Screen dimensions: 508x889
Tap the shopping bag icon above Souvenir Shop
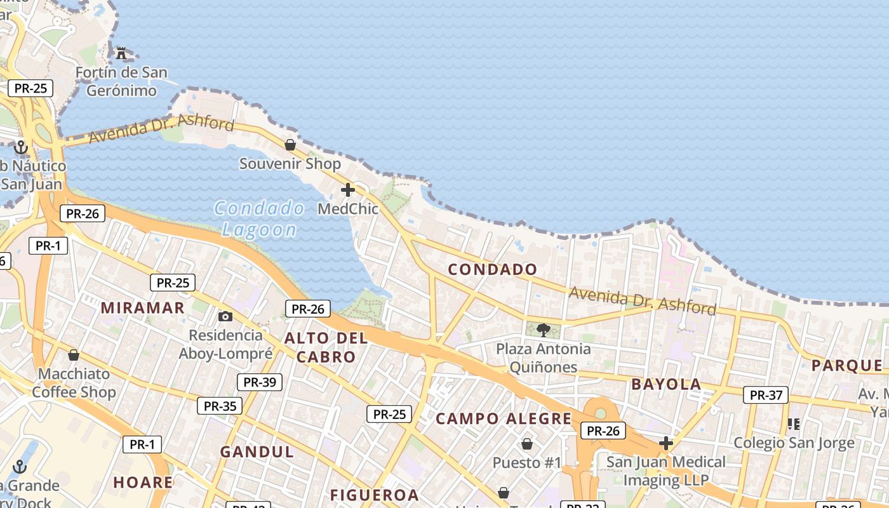coord(290,145)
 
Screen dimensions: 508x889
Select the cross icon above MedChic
coord(347,189)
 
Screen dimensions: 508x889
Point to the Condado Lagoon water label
coord(259,218)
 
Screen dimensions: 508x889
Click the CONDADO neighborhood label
coord(493,269)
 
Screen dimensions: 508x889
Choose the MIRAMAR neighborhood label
coord(143,308)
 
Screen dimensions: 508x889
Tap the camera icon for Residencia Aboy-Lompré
coord(225,316)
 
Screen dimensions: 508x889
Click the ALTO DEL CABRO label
coord(326,347)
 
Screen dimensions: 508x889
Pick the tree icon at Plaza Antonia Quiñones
coord(544,330)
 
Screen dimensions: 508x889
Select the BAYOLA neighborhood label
coord(666,384)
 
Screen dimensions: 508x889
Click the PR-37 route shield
coord(766,395)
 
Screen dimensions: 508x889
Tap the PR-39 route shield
coord(259,382)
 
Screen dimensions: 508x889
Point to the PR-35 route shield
coord(220,406)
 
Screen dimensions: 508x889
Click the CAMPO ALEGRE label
coord(504,418)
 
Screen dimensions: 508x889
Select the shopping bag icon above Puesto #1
coord(526,443)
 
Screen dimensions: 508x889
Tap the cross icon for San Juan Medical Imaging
coord(665,443)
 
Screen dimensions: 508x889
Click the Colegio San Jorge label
coord(794,443)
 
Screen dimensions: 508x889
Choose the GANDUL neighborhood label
coord(257,452)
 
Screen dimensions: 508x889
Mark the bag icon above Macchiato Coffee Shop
coord(74,354)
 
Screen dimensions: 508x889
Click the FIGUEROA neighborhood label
coord(375,495)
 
